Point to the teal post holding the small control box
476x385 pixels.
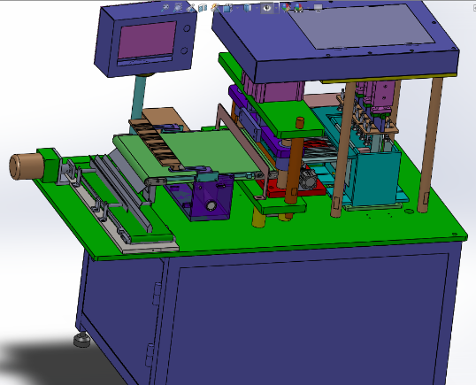click(140, 96)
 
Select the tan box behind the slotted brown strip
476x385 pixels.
click(164, 119)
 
